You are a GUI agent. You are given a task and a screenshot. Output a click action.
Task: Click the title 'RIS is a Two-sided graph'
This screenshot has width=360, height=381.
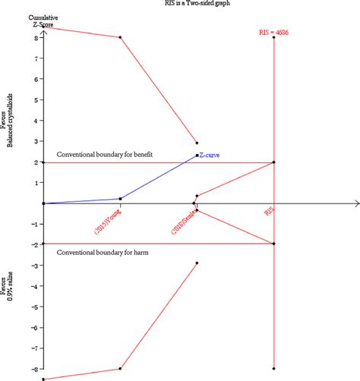[x=180, y=4]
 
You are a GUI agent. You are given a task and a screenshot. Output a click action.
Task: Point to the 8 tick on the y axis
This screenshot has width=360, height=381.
[x=36, y=37]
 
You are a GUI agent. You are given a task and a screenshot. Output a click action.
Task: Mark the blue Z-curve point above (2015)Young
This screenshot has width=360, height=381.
[x=120, y=199]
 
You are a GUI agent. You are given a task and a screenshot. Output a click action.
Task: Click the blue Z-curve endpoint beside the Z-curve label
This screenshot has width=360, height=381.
[x=197, y=156]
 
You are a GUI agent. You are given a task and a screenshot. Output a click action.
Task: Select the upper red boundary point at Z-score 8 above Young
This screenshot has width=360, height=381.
[x=120, y=37]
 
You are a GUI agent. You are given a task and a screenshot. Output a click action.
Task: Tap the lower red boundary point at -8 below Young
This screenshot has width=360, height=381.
[x=120, y=369]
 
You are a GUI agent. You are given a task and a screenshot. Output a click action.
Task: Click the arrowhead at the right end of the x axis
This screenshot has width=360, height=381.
[x=355, y=203]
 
